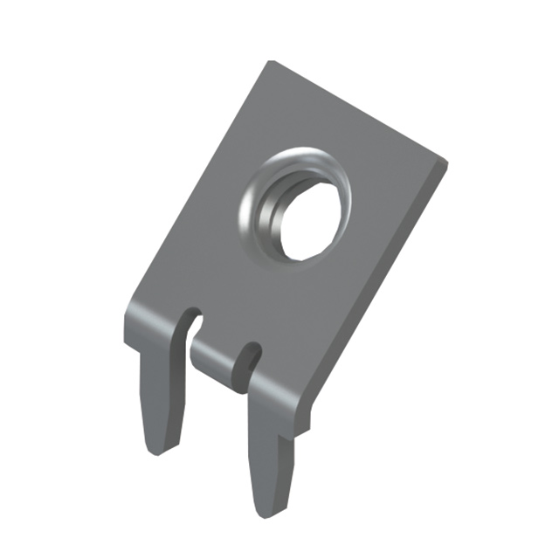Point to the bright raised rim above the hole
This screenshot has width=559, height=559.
click(301, 162)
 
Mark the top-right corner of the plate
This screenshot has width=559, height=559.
click(446, 163)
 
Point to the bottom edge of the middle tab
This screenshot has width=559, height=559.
click(214, 376)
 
